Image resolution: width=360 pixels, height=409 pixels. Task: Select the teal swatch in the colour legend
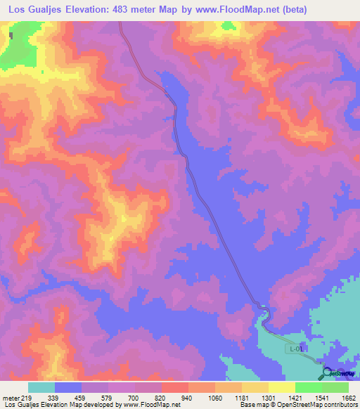(41, 387)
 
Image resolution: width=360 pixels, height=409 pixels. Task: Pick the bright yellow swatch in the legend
(282, 387)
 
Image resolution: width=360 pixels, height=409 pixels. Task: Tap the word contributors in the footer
(339, 404)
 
